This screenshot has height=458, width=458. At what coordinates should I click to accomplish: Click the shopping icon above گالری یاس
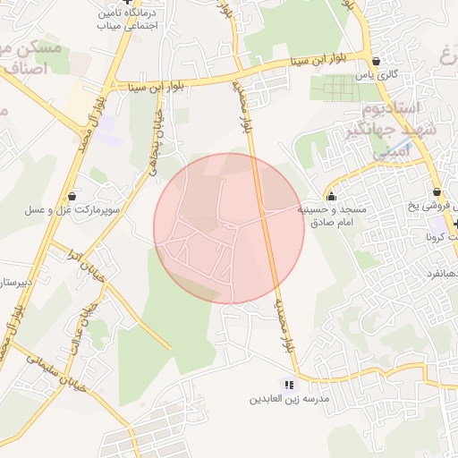pos(376,61)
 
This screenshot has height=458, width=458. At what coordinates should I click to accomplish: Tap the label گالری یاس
pos(377,75)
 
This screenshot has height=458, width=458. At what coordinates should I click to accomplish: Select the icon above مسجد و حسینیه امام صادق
pos(332,196)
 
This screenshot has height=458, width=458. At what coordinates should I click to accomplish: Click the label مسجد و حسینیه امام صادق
pos(333,215)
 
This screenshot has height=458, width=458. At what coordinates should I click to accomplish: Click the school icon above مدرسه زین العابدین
pos(288,384)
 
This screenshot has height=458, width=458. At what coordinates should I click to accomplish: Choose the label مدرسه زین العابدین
pos(289,398)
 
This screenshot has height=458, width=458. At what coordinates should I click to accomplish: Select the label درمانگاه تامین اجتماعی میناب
pos(130,21)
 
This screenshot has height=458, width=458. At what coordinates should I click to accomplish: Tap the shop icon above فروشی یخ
pos(437,192)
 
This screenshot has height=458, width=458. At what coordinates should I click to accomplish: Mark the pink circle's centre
pos(229,228)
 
